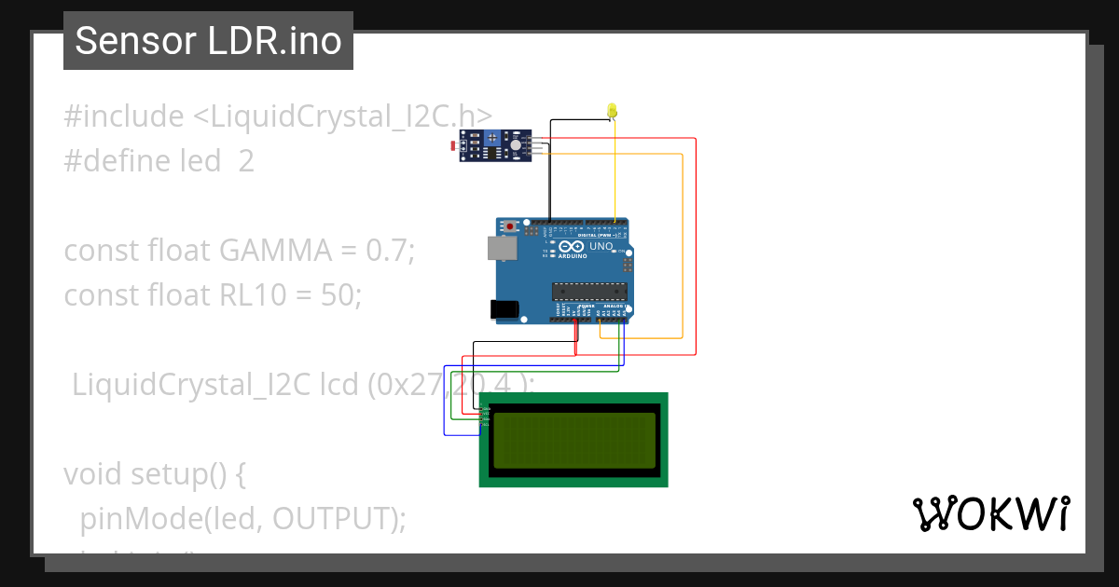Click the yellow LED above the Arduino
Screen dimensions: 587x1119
point(612,111)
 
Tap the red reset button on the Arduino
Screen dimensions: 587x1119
point(511,226)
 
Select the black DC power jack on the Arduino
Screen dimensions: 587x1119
point(503,309)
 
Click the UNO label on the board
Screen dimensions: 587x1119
point(601,248)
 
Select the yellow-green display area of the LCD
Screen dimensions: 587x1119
point(573,440)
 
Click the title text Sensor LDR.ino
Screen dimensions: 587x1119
point(208,41)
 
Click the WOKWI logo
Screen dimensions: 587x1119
point(990,513)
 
